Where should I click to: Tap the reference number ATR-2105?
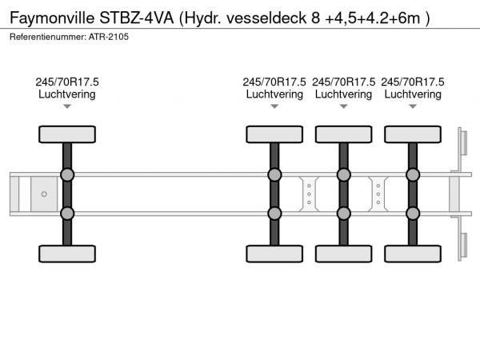[110, 38]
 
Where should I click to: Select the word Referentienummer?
[48, 38]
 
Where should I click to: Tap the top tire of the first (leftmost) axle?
[67, 134]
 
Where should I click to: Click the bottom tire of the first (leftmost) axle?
[67, 254]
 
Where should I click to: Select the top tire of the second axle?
[274, 134]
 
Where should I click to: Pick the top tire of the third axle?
[343, 134]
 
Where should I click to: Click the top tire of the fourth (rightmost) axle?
[413, 134]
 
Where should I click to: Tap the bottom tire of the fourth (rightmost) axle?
[413, 254]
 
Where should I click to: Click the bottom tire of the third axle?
[343, 254]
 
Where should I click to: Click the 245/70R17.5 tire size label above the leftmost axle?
[67, 82]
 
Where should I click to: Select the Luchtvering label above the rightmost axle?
[413, 94]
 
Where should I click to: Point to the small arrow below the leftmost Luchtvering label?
[67, 106]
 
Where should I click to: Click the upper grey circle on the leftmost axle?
[67, 174]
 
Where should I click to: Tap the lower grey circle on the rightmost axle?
[413, 213]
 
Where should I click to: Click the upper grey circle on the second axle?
[274, 174]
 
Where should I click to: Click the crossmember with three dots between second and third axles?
[309, 194]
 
